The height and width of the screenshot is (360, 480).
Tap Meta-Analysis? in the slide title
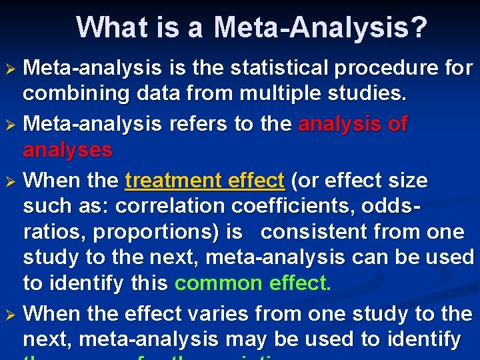321,28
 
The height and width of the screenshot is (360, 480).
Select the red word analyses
67,150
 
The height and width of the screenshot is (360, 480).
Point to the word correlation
175,207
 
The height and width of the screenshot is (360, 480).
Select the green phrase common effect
252,283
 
